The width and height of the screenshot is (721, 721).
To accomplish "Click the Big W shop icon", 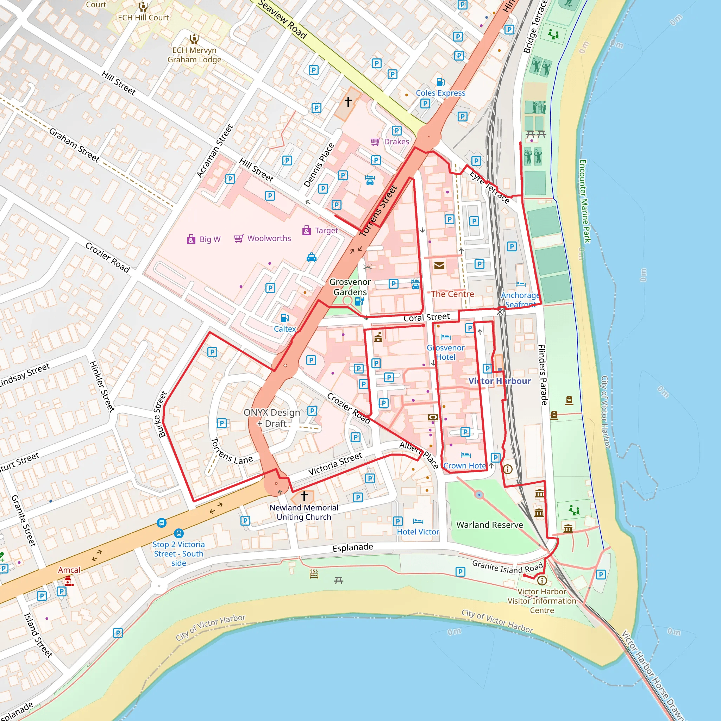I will coord(191,239).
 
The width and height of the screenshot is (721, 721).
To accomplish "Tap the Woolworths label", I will coord(269,238).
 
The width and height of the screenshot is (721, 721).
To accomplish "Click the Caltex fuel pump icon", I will coord(285,318).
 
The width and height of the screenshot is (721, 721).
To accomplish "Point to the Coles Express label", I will coord(440,93).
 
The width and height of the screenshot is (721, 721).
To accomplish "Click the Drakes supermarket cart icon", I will coord(375,142).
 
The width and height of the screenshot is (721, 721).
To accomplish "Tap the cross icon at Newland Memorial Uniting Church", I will coord(304,496).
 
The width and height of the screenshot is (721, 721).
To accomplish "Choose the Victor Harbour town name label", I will coord(499,381).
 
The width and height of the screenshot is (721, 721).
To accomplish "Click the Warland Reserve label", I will coord(490,525).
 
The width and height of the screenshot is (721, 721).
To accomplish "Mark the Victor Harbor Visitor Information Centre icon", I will coord(542,580).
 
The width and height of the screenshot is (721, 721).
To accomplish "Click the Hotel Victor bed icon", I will coord(418,521).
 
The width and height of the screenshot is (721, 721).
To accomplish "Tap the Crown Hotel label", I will coord(465,466).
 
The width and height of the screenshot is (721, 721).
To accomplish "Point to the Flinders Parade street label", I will coord(543,375).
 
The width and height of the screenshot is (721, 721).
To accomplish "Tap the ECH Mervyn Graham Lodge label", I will coord(194,55).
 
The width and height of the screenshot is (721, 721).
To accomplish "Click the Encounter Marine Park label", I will coord(585,201).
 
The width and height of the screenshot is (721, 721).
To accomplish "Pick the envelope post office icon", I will coord(439,266).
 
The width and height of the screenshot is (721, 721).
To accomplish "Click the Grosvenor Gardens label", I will coord(350,287).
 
